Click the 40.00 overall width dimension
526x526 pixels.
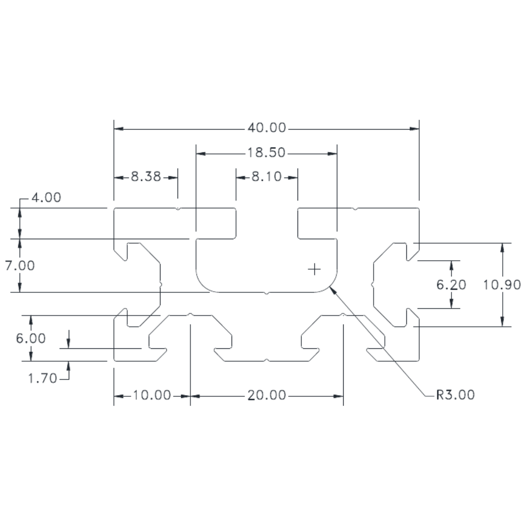pyautogui.click(x=267, y=128)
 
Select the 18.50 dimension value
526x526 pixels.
pyautogui.click(x=267, y=153)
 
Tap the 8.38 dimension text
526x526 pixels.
pyautogui.click(x=146, y=176)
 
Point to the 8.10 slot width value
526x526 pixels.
pyautogui.click(x=267, y=176)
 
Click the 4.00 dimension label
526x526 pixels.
pyautogui.click(x=46, y=197)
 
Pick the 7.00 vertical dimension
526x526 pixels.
pyautogui.click(x=20, y=265)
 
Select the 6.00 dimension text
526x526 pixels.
pyautogui.click(x=31, y=338)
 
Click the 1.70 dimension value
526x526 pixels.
pyautogui.click(x=42, y=378)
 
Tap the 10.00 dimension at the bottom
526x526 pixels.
pyautogui.click(x=152, y=395)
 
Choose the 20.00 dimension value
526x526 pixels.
pyautogui.click(x=267, y=395)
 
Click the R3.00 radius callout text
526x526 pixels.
pyautogui.click(x=456, y=395)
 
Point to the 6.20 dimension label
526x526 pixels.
pyautogui.click(x=451, y=285)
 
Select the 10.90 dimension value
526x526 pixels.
pyautogui.click(x=502, y=285)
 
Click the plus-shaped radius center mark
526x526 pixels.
pyautogui.click(x=314, y=269)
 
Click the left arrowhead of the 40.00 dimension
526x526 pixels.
pyautogui.click(x=119, y=129)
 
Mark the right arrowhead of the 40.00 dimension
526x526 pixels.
pyautogui.click(x=414, y=129)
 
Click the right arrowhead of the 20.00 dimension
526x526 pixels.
pyautogui.click(x=338, y=396)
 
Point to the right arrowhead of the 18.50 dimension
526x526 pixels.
pyautogui.click(x=332, y=154)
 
